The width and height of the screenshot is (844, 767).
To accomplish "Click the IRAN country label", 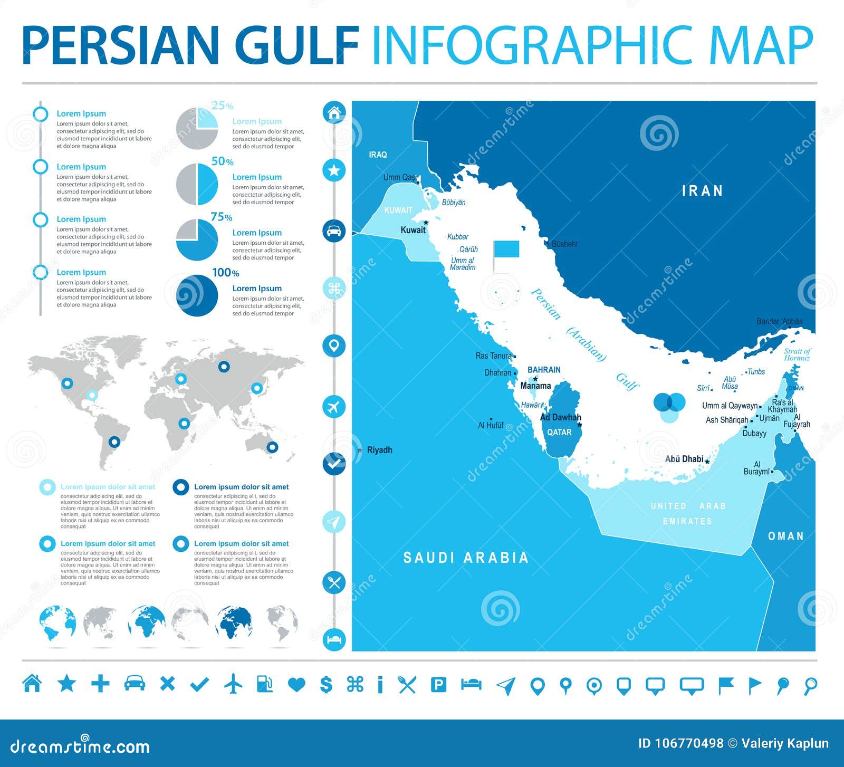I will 702,191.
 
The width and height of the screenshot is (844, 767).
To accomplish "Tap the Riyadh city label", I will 379,450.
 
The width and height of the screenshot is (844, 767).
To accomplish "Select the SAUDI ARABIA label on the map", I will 466,558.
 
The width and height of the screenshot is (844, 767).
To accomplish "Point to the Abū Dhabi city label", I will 684,459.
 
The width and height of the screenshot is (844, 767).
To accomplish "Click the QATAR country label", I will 559,433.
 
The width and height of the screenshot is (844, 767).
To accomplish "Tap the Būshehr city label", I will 564,244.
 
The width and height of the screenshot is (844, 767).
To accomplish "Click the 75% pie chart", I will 197,240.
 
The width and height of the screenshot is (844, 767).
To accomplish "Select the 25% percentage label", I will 222,106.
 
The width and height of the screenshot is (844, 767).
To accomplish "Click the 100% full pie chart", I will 197,295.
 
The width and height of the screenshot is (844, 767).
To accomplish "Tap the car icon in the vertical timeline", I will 334,231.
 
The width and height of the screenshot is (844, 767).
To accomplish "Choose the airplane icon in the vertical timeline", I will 334,407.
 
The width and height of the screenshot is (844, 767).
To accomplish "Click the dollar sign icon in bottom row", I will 326,685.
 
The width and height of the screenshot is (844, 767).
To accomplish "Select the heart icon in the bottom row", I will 296,685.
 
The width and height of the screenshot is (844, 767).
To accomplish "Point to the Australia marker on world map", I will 272,447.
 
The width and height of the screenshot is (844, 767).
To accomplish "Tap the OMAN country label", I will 785,536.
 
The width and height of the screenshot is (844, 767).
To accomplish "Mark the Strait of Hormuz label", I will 797,354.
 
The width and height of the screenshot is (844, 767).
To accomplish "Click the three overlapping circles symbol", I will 669,407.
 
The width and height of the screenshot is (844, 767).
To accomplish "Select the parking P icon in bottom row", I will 438,685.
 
